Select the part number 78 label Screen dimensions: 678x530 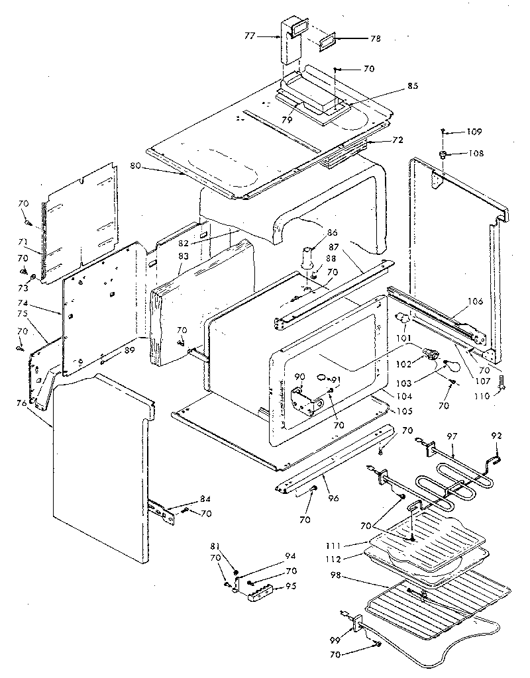[376, 39]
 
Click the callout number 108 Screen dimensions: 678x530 [475, 154]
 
